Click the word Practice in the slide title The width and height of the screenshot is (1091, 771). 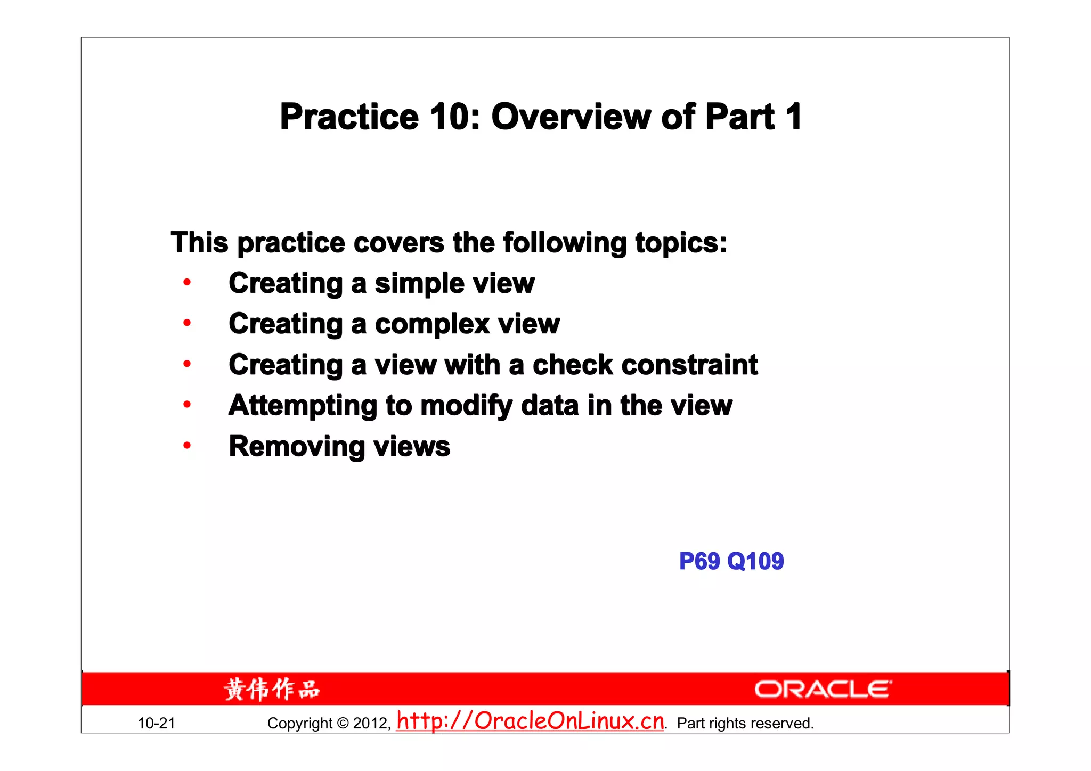point(349,117)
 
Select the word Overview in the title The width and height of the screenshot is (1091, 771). point(571,117)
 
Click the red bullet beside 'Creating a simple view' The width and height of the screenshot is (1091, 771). point(187,282)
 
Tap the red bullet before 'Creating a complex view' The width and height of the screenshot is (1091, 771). point(187,323)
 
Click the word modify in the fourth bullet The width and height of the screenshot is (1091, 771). point(466,406)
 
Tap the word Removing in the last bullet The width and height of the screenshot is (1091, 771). point(297,446)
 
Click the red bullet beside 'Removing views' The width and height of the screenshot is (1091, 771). point(187,446)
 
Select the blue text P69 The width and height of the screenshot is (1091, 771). point(699,561)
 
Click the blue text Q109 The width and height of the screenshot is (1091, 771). point(755,561)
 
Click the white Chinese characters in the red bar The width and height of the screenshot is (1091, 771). point(272,690)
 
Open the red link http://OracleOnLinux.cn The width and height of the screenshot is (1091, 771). point(530,721)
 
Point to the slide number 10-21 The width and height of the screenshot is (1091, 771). point(156,723)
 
